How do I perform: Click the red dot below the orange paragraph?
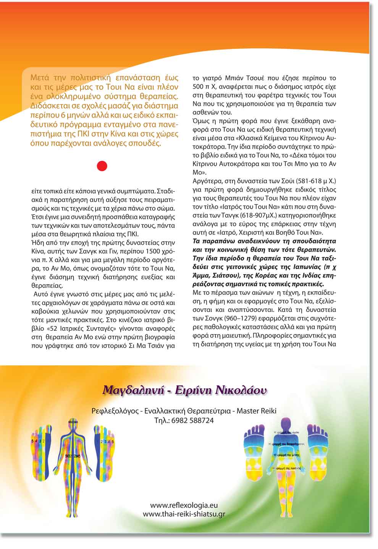coord(102,166)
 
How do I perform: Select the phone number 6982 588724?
coord(193,421)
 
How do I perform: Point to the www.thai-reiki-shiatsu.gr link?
coord(184,514)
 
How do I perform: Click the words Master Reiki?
coord(257,411)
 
